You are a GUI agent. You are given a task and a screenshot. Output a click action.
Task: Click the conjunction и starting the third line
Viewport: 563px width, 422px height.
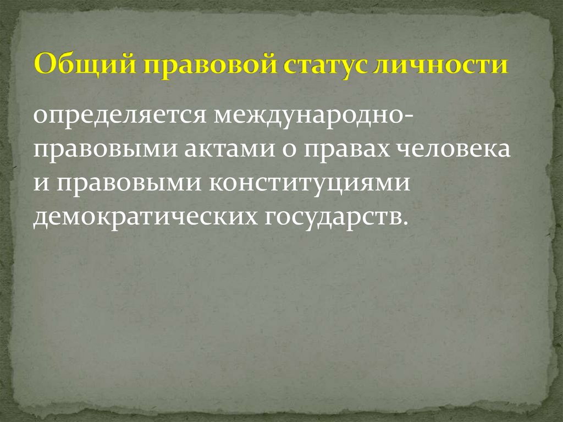pyautogui.click(x=40, y=183)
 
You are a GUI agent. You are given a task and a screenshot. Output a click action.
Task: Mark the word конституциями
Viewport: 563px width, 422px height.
pyautogui.click(x=310, y=183)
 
